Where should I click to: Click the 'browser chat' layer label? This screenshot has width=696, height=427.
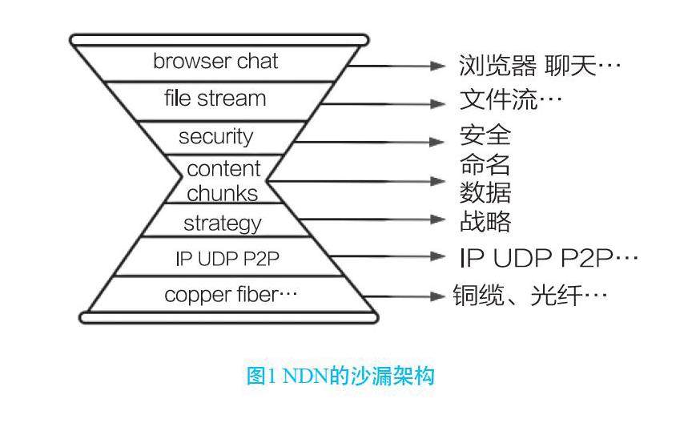(215, 62)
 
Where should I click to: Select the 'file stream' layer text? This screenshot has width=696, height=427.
(215, 99)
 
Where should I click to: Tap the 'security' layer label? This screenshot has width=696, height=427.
(215, 136)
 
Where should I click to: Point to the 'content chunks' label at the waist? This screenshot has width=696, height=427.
(223, 181)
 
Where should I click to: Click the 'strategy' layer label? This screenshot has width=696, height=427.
(222, 223)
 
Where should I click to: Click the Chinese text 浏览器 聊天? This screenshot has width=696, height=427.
(540, 65)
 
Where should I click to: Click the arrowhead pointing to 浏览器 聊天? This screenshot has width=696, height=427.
(437, 66)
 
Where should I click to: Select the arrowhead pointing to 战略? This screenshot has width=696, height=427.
(437, 219)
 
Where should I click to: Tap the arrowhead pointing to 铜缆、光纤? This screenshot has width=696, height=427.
(437, 296)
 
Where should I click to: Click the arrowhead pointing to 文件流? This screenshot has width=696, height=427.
(437, 104)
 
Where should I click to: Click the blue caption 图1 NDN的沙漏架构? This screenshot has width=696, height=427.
(340, 375)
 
